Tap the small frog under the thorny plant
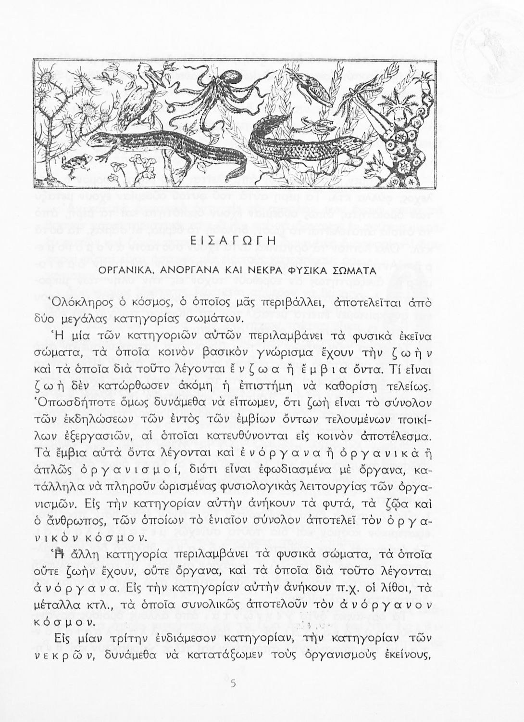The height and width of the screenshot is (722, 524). click(76, 166)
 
